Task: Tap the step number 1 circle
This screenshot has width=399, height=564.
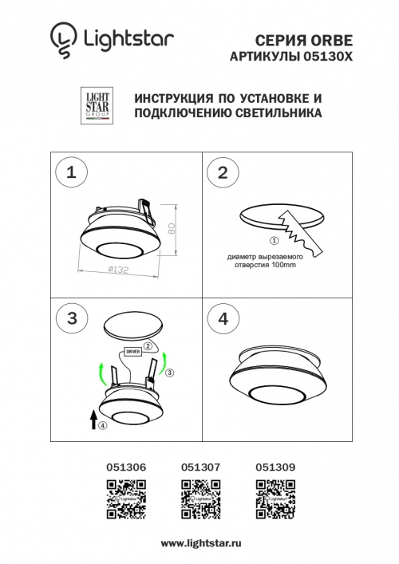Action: [x=72, y=172]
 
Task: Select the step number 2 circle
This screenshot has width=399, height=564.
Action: [x=223, y=172]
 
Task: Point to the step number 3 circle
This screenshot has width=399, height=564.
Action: [x=72, y=318]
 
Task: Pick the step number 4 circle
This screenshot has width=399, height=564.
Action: [x=223, y=318]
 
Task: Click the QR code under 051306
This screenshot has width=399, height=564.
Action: [x=124, y=499]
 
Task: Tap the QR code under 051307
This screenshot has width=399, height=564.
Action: [x=199, y=499]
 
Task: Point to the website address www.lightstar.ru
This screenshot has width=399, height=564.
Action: [x=199, y=542]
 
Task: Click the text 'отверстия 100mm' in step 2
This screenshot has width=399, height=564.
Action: [x=260, y=265]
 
